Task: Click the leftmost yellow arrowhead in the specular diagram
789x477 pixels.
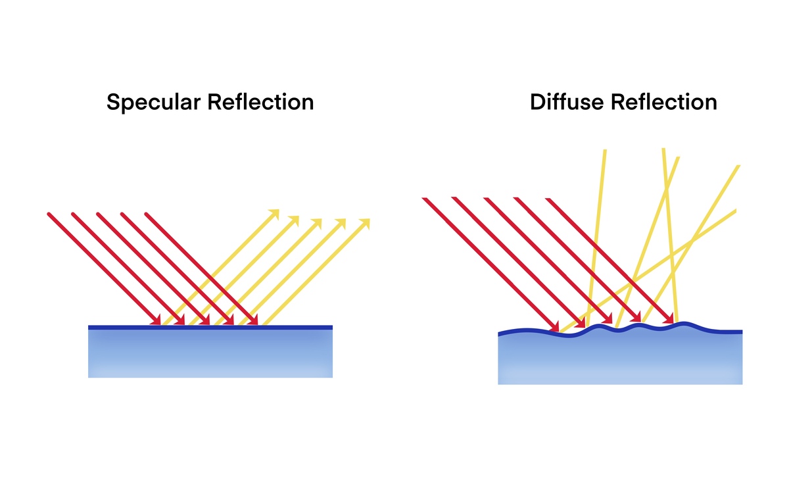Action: click(274, 214)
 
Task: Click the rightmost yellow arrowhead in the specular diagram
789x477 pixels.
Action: click(365, 224)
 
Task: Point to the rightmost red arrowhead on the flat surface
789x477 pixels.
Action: click(253, 320)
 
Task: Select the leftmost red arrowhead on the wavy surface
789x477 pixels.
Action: click(554, 327)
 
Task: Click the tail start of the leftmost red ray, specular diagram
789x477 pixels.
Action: click(49, 213)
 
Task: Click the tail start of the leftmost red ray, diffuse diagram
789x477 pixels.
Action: click(423, 197)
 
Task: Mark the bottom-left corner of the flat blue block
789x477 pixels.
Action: click(89, 377)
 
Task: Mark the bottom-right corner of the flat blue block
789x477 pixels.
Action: click(332, 377)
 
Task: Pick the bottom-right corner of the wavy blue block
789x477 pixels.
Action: click(742, 384)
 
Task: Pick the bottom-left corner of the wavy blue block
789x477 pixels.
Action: click(498, 384)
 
